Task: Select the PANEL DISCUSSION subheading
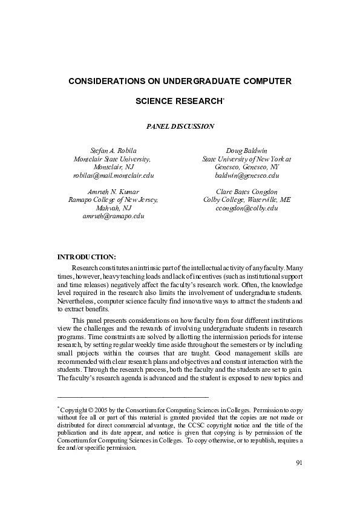click(x=180, y=126)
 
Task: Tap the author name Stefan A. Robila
click(x=114, y=149)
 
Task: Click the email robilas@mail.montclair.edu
click(x=114, y=175)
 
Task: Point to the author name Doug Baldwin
click(x=246, y=149)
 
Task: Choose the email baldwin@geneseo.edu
click(x=246, y=175)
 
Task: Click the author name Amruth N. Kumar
click(x=114, y=191)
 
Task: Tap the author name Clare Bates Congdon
click(x=246, y=191)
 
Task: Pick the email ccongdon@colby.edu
click(x=246, y=208)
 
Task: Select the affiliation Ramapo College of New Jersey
click(x=114, y=199)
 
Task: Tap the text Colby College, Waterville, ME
click(x=246, y=199)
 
